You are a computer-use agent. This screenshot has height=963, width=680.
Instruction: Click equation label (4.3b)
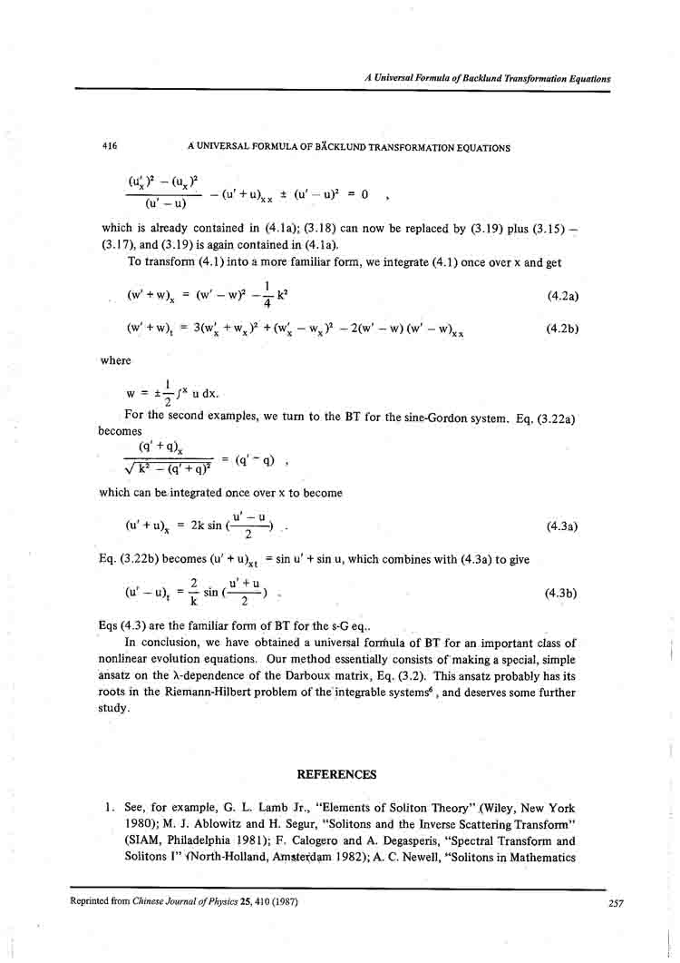(x=561, y=594)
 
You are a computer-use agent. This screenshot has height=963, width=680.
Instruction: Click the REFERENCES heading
(x=336, y=774)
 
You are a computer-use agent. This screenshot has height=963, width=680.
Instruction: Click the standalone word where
(x=116, y=360)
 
